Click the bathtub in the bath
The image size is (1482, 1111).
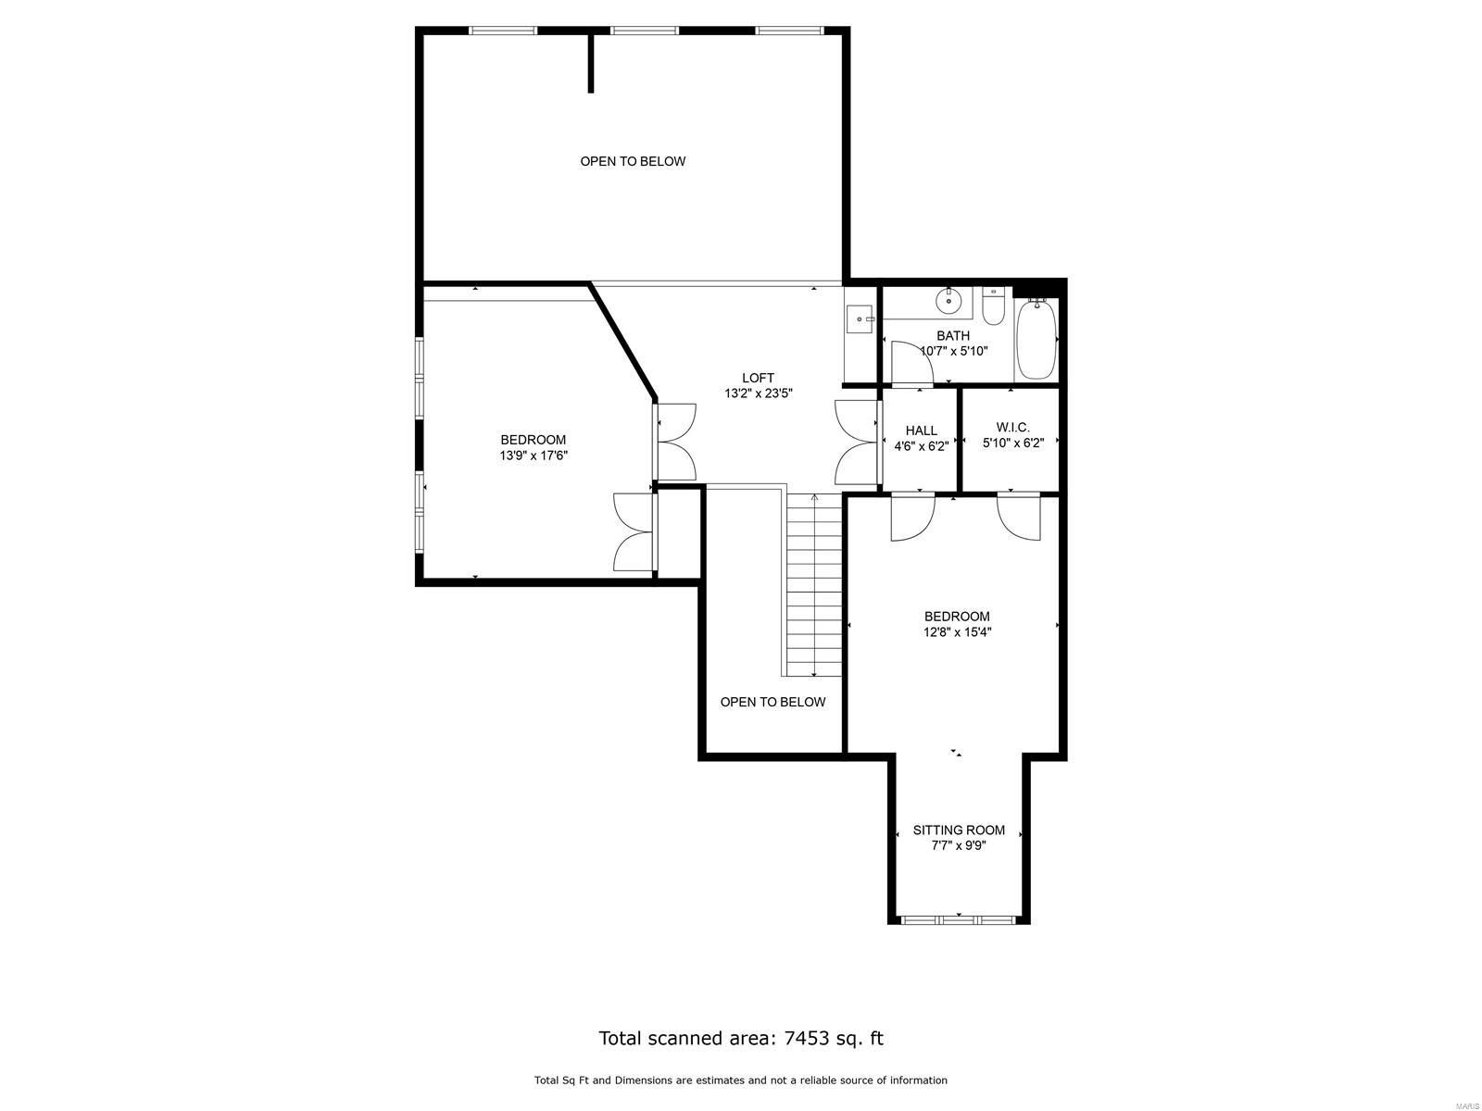click(1036, 339)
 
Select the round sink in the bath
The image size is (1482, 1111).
click(948, 301)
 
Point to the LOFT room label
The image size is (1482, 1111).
click(758, 378)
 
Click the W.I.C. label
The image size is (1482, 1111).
click(1012, 428)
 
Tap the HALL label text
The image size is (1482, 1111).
click(921, 431)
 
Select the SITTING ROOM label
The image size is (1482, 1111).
click(959, 830)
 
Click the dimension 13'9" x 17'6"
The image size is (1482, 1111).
click(533, 456)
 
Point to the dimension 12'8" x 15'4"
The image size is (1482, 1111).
click(957, 632)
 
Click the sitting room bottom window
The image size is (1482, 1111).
click(959, 920)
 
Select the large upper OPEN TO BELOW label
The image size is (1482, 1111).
click(633, 161)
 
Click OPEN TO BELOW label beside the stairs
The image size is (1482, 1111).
click(772, 702)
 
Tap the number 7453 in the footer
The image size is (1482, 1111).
click(806, 1038)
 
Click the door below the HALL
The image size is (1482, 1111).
click(911, 518)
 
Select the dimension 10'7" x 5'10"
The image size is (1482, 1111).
click(954, 352)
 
